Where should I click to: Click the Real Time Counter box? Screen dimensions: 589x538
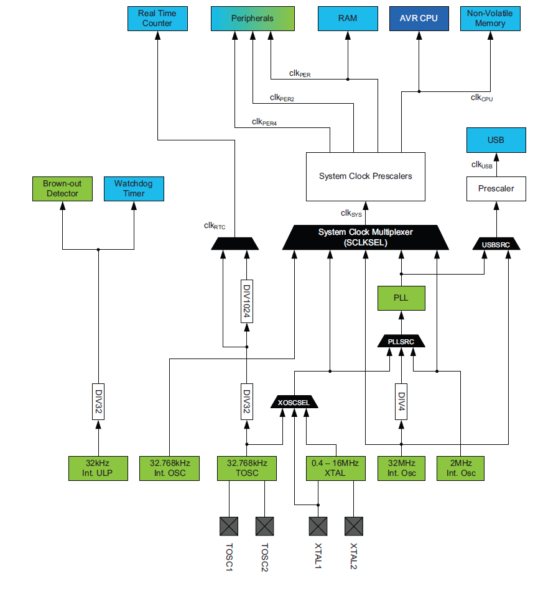pos(157,19)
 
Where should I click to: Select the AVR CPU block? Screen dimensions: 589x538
pos(419,19)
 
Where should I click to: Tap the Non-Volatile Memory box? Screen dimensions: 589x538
pos(489,19)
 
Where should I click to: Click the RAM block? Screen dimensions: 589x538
pos(348,19)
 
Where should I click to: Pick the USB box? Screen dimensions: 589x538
pos(496,140)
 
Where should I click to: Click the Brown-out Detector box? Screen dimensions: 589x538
pos(62,189)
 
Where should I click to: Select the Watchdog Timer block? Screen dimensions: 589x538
pos(134,189)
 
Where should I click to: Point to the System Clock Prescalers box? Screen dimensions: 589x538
pos(365,176)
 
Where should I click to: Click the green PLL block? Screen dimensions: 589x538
pos(401,298)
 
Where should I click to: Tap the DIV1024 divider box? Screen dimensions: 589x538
pos(247,301)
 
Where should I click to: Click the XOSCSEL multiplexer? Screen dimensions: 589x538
pos(294,402)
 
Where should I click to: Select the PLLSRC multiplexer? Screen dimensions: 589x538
pos(401,341)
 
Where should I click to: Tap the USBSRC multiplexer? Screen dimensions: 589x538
pos(496,244)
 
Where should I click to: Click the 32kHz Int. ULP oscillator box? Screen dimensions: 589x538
pos(98,468)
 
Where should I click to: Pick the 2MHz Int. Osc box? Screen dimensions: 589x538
pos(460,468)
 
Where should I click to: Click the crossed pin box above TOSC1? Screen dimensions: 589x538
pos(229,526)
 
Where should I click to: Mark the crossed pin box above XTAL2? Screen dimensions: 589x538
pos(354,526)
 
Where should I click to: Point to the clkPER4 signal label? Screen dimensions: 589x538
pos(264,122)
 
